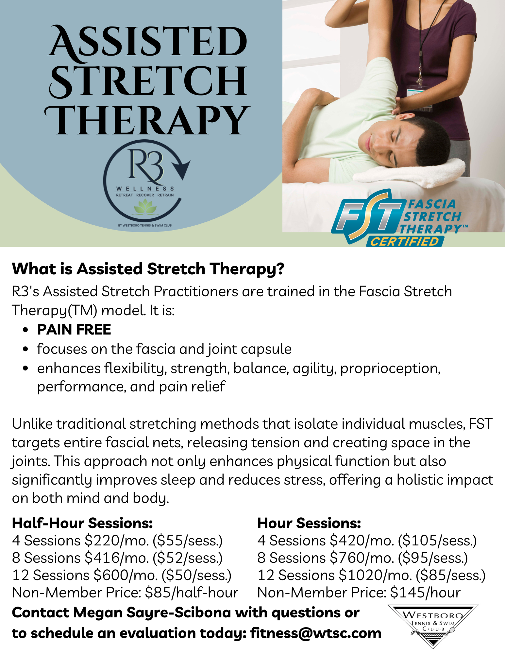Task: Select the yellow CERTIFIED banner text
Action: (x=405, y=241)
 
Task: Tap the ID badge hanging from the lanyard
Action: (x=420, y=98)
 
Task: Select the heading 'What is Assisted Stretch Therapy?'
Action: (x=148, y=269)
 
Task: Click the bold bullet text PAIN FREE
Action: (x=74, y=330)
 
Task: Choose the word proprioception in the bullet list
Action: (x=390, y=369)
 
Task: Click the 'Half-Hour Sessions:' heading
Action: (x=82, y=523)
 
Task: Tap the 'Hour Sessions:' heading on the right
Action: (x=309, y=523)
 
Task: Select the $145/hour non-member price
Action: (x=425, y=593)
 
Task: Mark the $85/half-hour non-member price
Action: (x=192, y=593)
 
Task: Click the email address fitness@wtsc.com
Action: (x=316, y=633)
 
